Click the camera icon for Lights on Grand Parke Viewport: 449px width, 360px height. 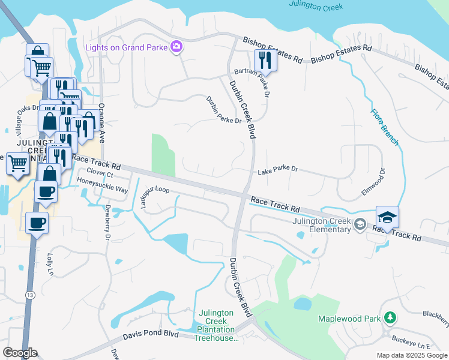click(176, 46)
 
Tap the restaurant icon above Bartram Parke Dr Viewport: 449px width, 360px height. click(264, 59)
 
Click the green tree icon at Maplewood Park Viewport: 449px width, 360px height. click(390, 317)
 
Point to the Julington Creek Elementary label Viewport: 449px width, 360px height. click(322, 225)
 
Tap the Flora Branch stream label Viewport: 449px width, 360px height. click(384, 127)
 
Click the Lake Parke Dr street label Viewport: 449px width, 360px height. click(277, 170)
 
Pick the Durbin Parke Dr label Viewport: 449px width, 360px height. click(223, 110)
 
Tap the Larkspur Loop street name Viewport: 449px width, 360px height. click(155, 197)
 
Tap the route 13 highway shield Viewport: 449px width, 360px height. click(29, 295)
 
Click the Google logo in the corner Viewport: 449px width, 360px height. click(20, 353)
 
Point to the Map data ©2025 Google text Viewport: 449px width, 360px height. click(412, 355)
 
